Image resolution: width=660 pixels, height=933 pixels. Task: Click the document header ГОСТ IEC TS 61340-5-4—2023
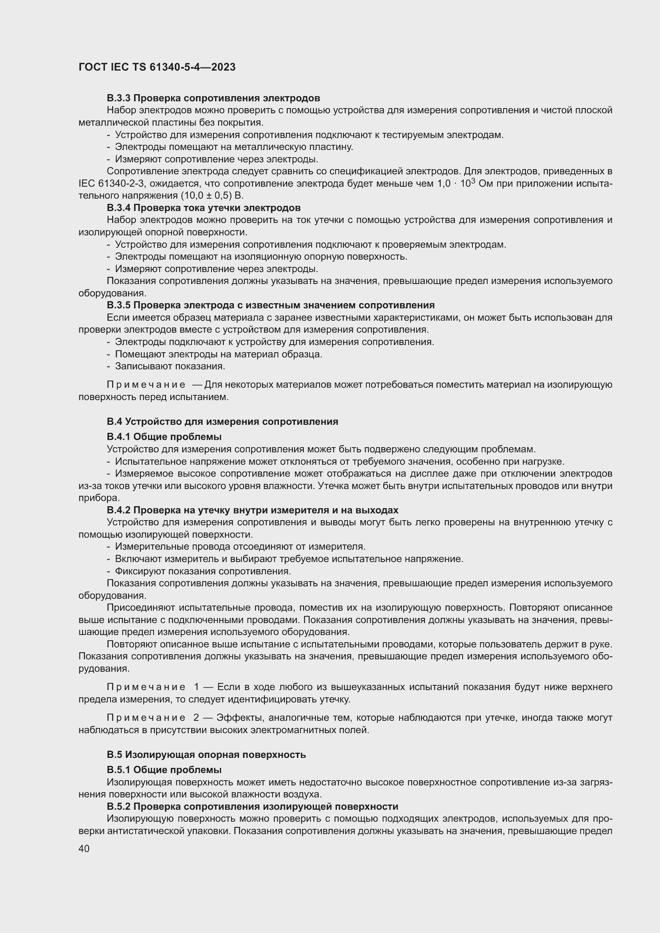coord(157,67)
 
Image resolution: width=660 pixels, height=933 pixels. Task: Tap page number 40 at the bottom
coord(84,848)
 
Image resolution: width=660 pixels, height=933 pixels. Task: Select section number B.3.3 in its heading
coord(119,99)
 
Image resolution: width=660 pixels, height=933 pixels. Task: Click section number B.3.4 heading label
coord(119,208)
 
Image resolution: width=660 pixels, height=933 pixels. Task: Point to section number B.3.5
coord(119,305)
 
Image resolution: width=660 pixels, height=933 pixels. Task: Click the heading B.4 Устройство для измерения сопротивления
coord(222,421)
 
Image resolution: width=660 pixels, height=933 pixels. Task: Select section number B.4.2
coord(119,510)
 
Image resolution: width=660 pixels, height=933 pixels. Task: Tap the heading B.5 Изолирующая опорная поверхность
coord(206,755)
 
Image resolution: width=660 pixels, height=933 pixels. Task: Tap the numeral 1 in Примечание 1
coord(196,687)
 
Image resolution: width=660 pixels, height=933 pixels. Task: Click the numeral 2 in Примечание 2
coord(196,718)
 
